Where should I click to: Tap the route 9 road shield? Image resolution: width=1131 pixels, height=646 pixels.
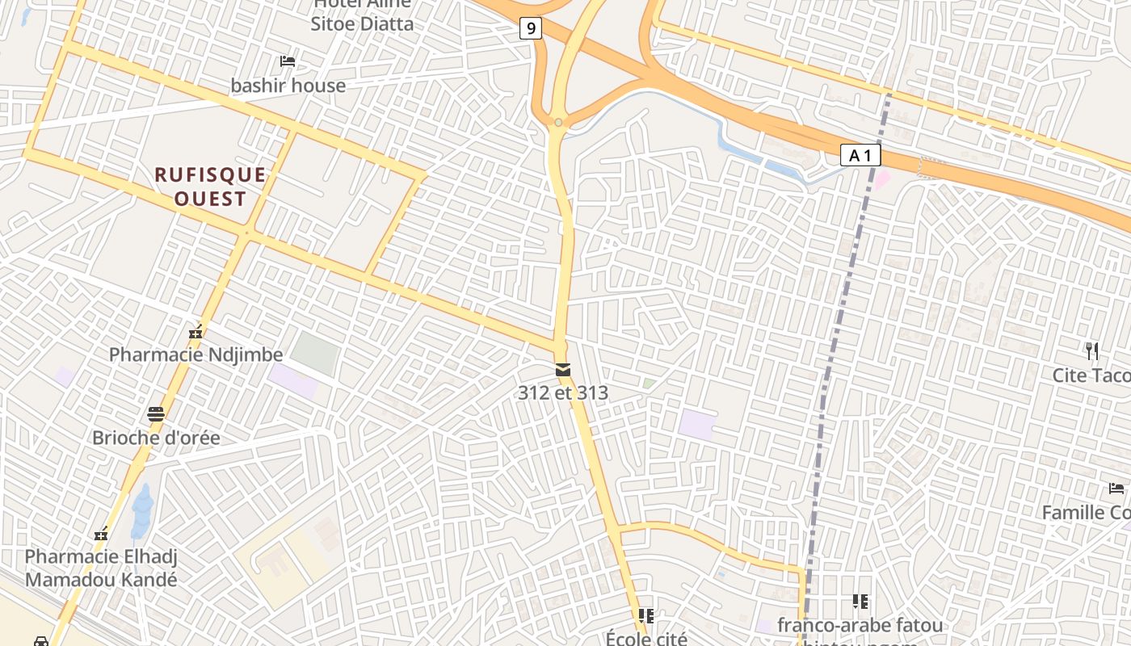point(530,29)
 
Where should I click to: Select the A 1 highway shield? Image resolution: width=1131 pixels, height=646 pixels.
point(860,155)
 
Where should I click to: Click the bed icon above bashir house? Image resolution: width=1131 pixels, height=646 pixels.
point(287,61)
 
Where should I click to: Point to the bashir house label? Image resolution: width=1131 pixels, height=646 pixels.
point(288,86)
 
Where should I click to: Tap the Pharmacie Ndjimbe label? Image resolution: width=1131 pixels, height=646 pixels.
point(196,354)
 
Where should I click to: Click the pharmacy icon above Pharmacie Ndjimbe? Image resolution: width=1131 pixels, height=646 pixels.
point(195,331)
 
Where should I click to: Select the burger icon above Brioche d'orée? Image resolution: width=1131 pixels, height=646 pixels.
point(156,415)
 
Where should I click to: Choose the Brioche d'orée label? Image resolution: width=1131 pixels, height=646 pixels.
point(156,438)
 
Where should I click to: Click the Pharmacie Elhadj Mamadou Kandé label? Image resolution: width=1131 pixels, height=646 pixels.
point(101,568)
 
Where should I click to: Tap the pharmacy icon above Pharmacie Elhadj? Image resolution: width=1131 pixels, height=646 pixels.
point(101,534)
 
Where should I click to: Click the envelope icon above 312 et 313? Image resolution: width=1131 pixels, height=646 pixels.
point(562,370)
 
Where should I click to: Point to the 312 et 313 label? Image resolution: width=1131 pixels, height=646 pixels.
point(563,393)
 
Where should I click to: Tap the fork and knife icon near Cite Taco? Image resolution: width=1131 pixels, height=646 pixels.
point(1092,351)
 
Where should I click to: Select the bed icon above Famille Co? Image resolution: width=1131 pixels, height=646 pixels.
point(1116,489)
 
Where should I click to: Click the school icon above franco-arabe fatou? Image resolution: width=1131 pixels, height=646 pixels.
point(860,602)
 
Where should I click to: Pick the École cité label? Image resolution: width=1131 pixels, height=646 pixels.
point(646,637)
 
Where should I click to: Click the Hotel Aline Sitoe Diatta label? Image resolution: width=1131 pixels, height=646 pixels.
point(362,15)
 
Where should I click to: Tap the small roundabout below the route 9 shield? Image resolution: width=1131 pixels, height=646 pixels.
point(558,123)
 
